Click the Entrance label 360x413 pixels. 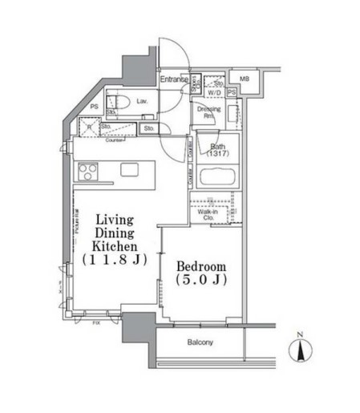pos(173,79)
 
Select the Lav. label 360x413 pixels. pos(141,102)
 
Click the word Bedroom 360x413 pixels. pos(200,266)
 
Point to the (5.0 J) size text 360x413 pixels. pos(200,281)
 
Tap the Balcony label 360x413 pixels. pos(200,343)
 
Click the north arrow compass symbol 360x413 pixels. pos(301,349)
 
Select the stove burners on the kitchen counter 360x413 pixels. pos(87,171)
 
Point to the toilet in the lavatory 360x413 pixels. pos(119,103)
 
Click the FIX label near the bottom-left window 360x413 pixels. pos(97,323)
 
